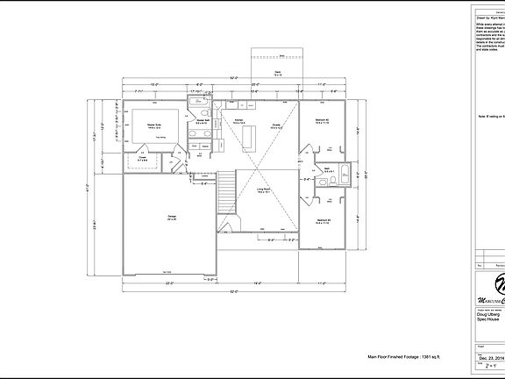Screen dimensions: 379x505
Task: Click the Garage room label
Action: coord(160,216)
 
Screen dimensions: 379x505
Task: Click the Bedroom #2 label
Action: coord(323,120)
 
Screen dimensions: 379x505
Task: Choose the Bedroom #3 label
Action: coord(323,222)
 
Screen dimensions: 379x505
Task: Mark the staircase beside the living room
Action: coord(226,188)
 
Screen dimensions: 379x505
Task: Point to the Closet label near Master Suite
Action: coord(142,159)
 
